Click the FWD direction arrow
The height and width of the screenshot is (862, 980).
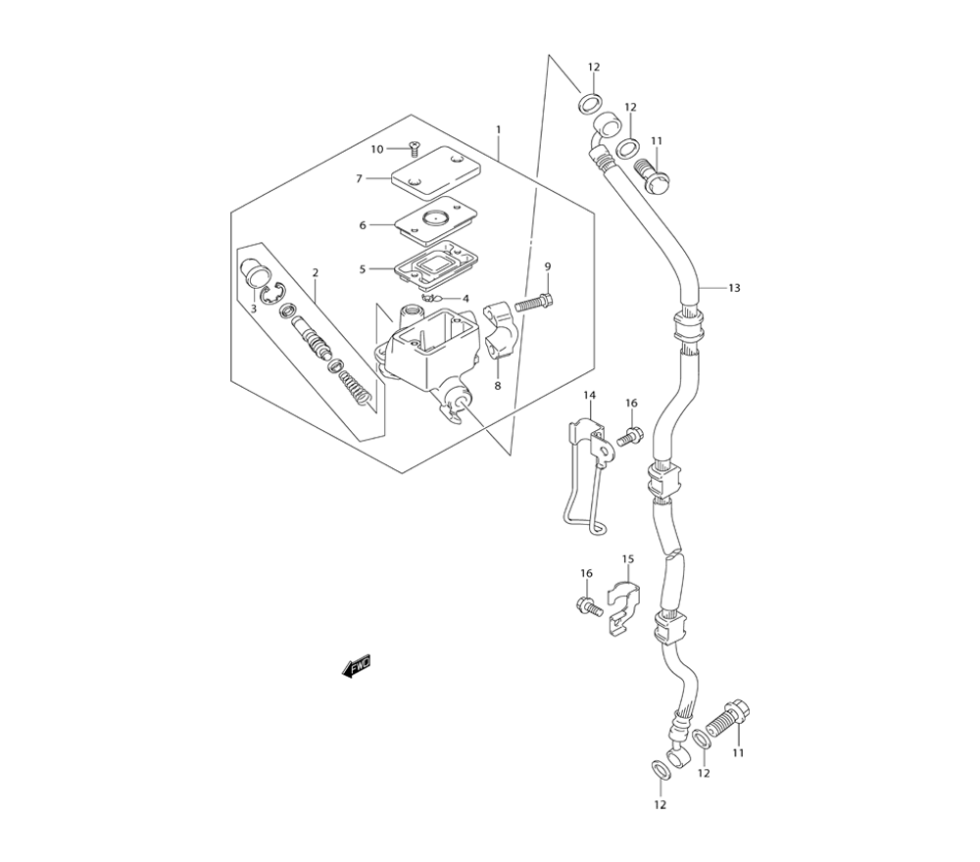pyautogui.click(x=357, y=666)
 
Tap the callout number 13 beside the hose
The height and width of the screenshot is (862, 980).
pyautogui.click(x=734, y=288)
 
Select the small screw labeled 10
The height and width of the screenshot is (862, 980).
pyautogui.click(x=413, y=149)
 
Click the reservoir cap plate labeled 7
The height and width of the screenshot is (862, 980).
pyautogui.click(x=437, y=168)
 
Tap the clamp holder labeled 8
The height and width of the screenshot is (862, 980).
pyautogui.click(x=501, y=330)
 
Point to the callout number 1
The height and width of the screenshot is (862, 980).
pyautogui.click(x=498, y=129)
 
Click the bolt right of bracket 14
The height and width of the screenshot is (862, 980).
pyautogui.click(x=629, y=436)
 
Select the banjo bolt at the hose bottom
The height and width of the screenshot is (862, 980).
pyautogui.click(x=729, y=722)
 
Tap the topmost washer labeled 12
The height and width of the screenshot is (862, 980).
pyautogui.click(x=591, y=103)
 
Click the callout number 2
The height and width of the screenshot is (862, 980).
pyautogui.click(x=315, y=272)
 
